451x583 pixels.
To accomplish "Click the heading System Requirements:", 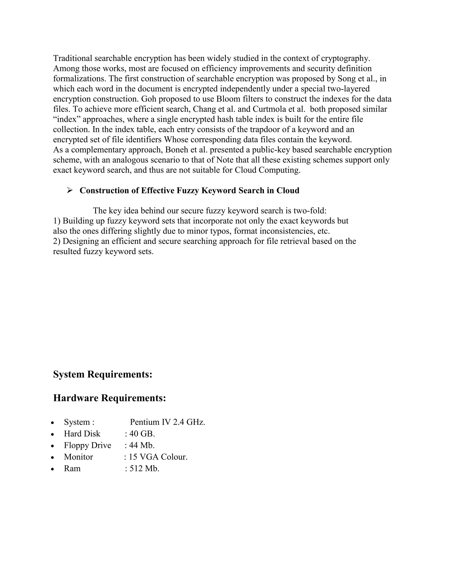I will pyautogui.click(x=103, y=374).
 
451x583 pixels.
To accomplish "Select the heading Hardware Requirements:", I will pyautogui.click(x=109, y=398).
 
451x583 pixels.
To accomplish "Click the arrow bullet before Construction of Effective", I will pyautogui.click(x=70, y=190).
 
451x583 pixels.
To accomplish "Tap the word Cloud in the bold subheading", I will pyautogui.click(x=288, y=190).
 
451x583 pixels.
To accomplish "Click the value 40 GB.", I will pyautogui.click(x=142, y=434).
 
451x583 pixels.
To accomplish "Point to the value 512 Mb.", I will pyautogui.click(x=144, y=468).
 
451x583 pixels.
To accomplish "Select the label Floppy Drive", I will pyautogui.click(x=87, y=445).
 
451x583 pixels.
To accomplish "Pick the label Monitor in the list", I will pyautogui.click(x=78, y=457).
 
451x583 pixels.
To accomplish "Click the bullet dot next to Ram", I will pyautogui.click(x=53, y=469).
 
